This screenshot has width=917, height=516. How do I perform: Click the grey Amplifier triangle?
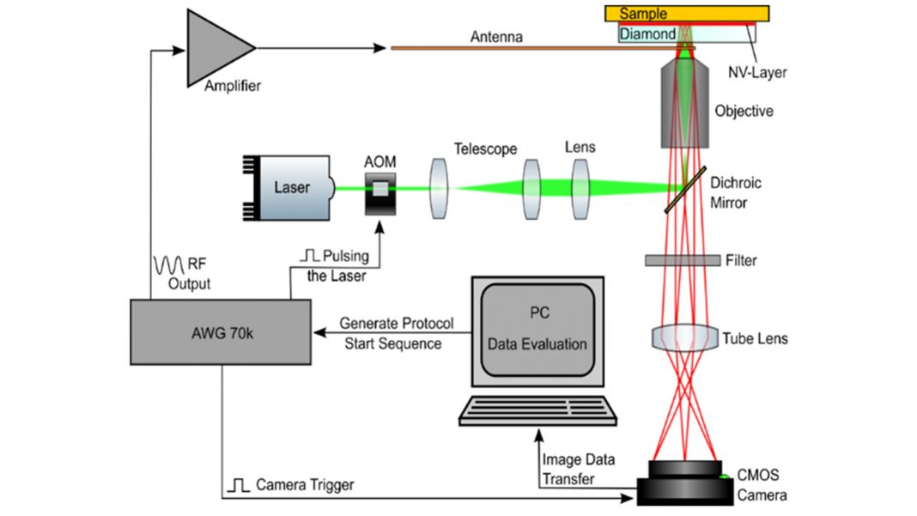tap(216, 49)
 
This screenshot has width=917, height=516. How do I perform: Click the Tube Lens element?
tap(683, 337)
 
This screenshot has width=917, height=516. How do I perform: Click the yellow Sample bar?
tap(686, 14)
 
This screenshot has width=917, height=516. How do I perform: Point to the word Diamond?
tap(647, 35)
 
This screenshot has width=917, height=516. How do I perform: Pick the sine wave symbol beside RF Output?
tap(168, 261)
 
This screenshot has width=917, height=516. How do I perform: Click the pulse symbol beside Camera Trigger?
tap(239, 486)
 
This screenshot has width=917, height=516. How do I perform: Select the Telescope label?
tap(486, 149)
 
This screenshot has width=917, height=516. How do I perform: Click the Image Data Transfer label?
tap(578, 468)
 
